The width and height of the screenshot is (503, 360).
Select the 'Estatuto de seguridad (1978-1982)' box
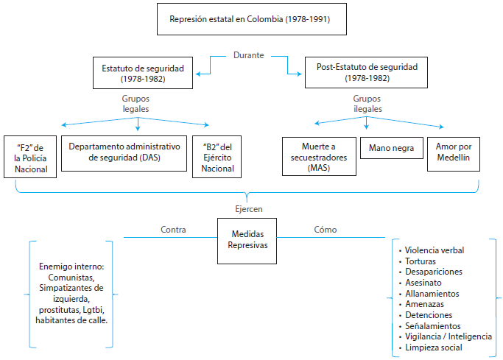pos(144,72)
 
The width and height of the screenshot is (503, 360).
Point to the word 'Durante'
pos(250,54)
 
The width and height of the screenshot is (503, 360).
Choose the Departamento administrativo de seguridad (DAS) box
pos(123,152)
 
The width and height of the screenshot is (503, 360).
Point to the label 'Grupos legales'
pos(136,103)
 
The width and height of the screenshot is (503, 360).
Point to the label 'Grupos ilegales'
pos(367,103)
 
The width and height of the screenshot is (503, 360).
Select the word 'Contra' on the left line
pos(173,230)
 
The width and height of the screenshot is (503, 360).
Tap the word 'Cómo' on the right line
pos(325,230)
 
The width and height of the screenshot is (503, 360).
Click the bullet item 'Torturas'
pos(421,261)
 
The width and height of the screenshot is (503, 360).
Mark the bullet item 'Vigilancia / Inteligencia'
pos(448,336)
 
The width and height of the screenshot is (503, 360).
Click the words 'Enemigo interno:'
pos(71,266)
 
